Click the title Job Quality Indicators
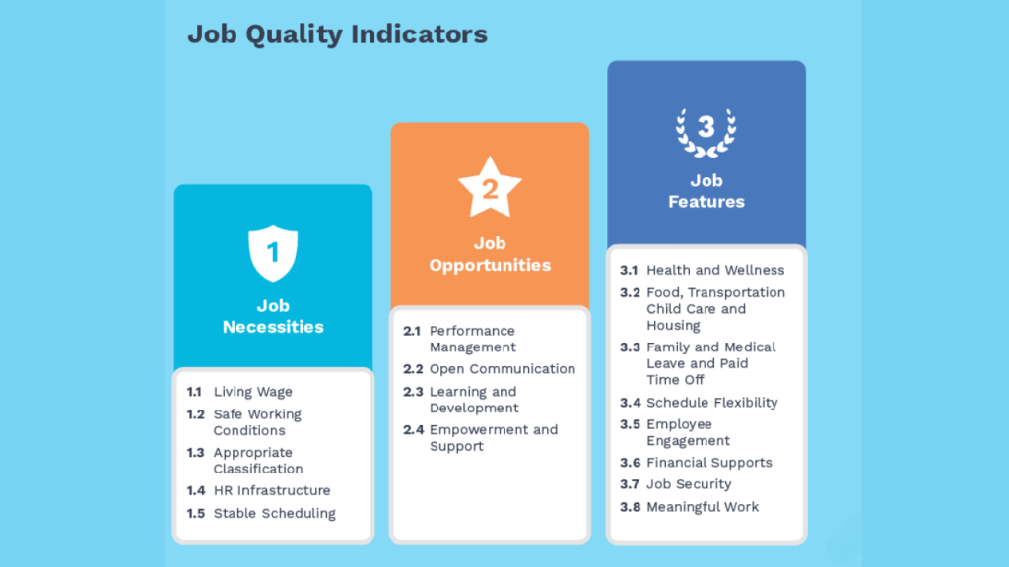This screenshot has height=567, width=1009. (337, 34)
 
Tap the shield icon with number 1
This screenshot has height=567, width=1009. (273, 253)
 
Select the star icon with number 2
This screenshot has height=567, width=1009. (490, 187)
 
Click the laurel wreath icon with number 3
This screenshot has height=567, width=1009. (706, 133)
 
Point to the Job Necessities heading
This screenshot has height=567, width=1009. (273, 316)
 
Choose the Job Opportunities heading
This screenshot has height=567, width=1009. (490, 254)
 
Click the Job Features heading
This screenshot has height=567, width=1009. (706, 191)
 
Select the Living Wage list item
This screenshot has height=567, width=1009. (253, 392)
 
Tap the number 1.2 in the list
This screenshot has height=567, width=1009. (196, 414)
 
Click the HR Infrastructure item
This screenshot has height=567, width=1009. (272, 490)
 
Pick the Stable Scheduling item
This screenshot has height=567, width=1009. (275, 513)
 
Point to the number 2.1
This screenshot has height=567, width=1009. (412, 331)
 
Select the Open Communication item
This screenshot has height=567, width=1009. (503, 369)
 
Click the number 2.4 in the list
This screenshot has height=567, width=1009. (413, 430)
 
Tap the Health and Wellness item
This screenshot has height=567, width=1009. (715, 270)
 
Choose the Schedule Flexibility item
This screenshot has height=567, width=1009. (712, 403)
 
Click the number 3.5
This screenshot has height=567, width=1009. (630, 425)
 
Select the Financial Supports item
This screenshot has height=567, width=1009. (709, 463)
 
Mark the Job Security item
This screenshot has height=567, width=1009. (689, 484)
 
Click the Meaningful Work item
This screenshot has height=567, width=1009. (703, 507)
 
